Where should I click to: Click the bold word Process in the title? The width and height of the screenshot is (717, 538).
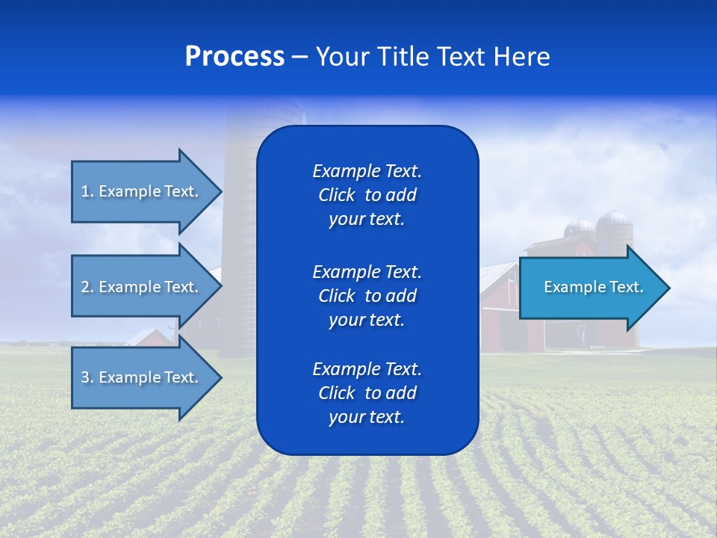pyautogui.click(x=235, y=57)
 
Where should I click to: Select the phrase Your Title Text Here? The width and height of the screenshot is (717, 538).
pyautogui.click(x=432, y=57)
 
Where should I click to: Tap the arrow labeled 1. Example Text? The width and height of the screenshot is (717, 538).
pyautogui.click(x=140, y=191)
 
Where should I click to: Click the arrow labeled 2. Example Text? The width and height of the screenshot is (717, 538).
pyautogui.click(x=140, y=287)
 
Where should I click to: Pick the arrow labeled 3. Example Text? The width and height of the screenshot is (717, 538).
pyautogui.click(x=140, y=377)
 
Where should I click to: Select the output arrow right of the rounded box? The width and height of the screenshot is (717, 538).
pyautogui.click(x=593, y=288)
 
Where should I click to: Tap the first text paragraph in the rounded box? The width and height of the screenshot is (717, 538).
pyautogui.click(x=367, y=195)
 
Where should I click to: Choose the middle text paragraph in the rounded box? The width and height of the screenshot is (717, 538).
pyautogui.click(x=367, y=295)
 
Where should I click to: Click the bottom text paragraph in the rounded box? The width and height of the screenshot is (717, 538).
pyautogui.click(x=367, y=393)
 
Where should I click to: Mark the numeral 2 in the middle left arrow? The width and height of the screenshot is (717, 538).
pyautogui.click(x=85, y=287)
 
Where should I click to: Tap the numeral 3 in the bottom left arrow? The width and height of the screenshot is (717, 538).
pyautogui.click(x=85, y=377)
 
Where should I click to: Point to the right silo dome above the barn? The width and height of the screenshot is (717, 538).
pyautogui.click(x=615, y=220)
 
